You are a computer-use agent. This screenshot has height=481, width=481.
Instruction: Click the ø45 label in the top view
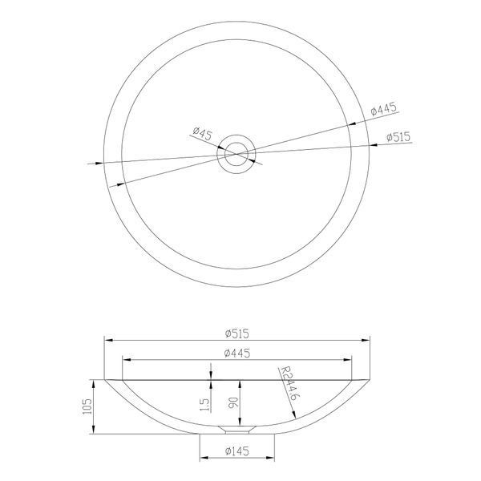(203, 133)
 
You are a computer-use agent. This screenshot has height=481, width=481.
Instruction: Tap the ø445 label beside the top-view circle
(384, 108)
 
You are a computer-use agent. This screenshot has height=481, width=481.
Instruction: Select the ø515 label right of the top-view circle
(398, 137)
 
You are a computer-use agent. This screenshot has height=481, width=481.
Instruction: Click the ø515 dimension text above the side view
(236, 333)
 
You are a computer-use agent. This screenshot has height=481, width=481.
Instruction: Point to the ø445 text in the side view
(237, 353)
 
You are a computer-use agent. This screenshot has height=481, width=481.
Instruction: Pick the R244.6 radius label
(289, 383)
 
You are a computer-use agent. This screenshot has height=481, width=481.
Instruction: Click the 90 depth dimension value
(233, 403)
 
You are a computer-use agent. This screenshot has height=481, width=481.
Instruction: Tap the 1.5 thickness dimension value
(204, 405)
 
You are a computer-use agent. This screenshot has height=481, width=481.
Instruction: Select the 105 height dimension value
(87, 406)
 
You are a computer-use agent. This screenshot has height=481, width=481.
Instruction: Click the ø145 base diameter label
(236, 451)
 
